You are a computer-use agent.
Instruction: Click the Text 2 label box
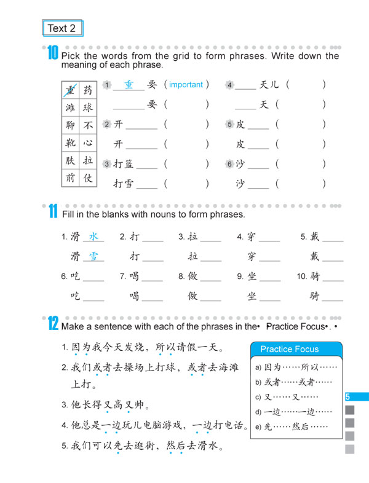pyautogui.click(x=61, y=28)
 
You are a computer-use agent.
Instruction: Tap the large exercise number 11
pyautogui.click(x=53, y=213)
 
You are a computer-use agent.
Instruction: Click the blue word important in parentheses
pyautogui.click(x=186, y=85)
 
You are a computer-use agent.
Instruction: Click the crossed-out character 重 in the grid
pyautogui.click(x=71, y=90)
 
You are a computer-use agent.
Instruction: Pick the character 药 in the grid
pyautogui.click(x=88, y=90)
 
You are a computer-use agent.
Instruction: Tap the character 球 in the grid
pyautogui.click(x=88, y=108)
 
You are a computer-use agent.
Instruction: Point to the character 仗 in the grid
pyautogui.click(x=88, y=178)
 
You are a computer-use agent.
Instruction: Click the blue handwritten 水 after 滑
pyautogui.click(x=93, y=237)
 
